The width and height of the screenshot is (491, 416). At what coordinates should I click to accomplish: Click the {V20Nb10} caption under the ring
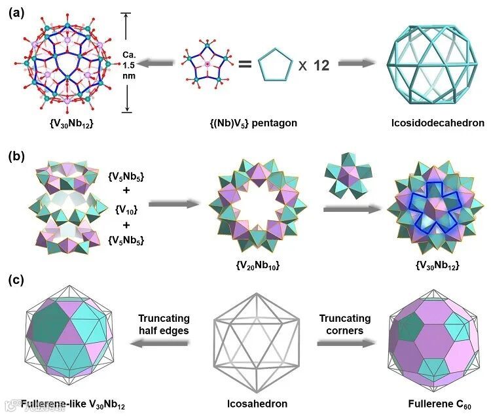[249, 268]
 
